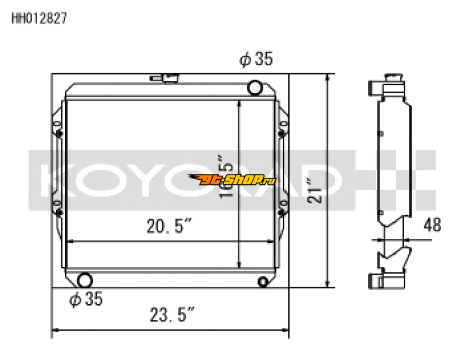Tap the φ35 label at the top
(x=256, y=59)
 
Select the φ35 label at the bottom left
(x=86, y=300)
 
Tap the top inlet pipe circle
(x=255, y=88)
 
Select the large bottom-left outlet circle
(x=85, y=280)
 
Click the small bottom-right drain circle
(x=263, y=282)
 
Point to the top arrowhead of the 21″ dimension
(x=330, y=78)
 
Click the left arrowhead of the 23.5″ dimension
(x=56, y=332)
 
